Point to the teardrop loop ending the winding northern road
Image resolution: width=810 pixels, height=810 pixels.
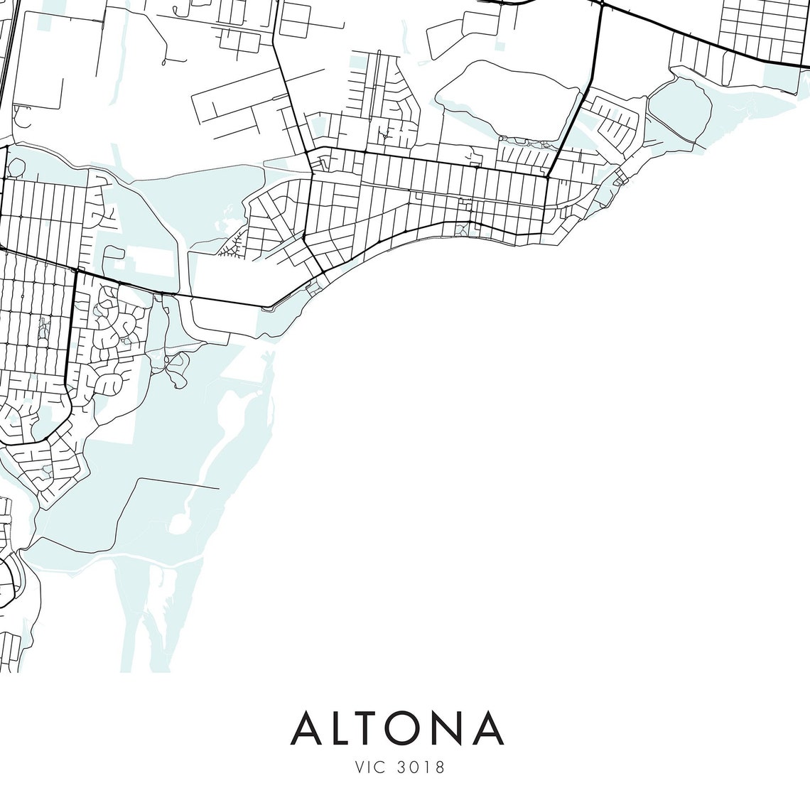[x=164, y=63]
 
